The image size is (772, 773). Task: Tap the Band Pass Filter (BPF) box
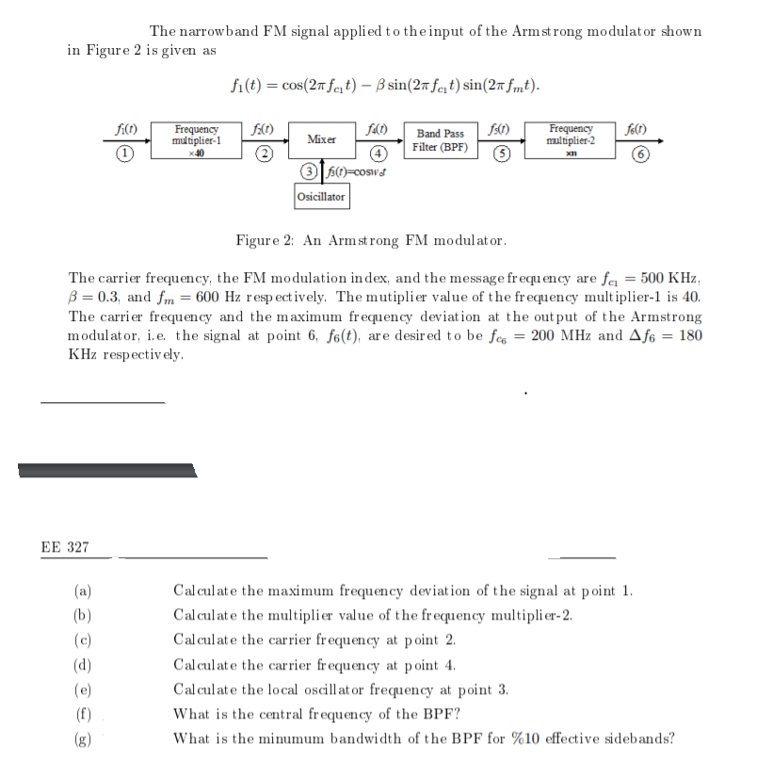(441, 140)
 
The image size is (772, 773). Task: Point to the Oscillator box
(321, 197)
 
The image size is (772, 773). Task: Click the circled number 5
(504, 154)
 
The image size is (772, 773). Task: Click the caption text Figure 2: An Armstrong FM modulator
(371, 240)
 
